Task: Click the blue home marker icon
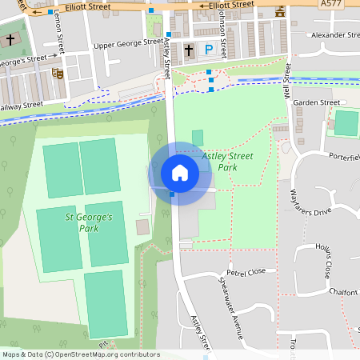pos(179,172)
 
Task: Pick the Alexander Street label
pos(336,35)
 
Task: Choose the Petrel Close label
pos(246,272)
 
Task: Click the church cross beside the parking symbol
pos(189,50)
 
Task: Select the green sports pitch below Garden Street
pos(346,122)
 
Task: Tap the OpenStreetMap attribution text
pos(80,354)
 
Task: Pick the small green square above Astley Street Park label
pos(198,137)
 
